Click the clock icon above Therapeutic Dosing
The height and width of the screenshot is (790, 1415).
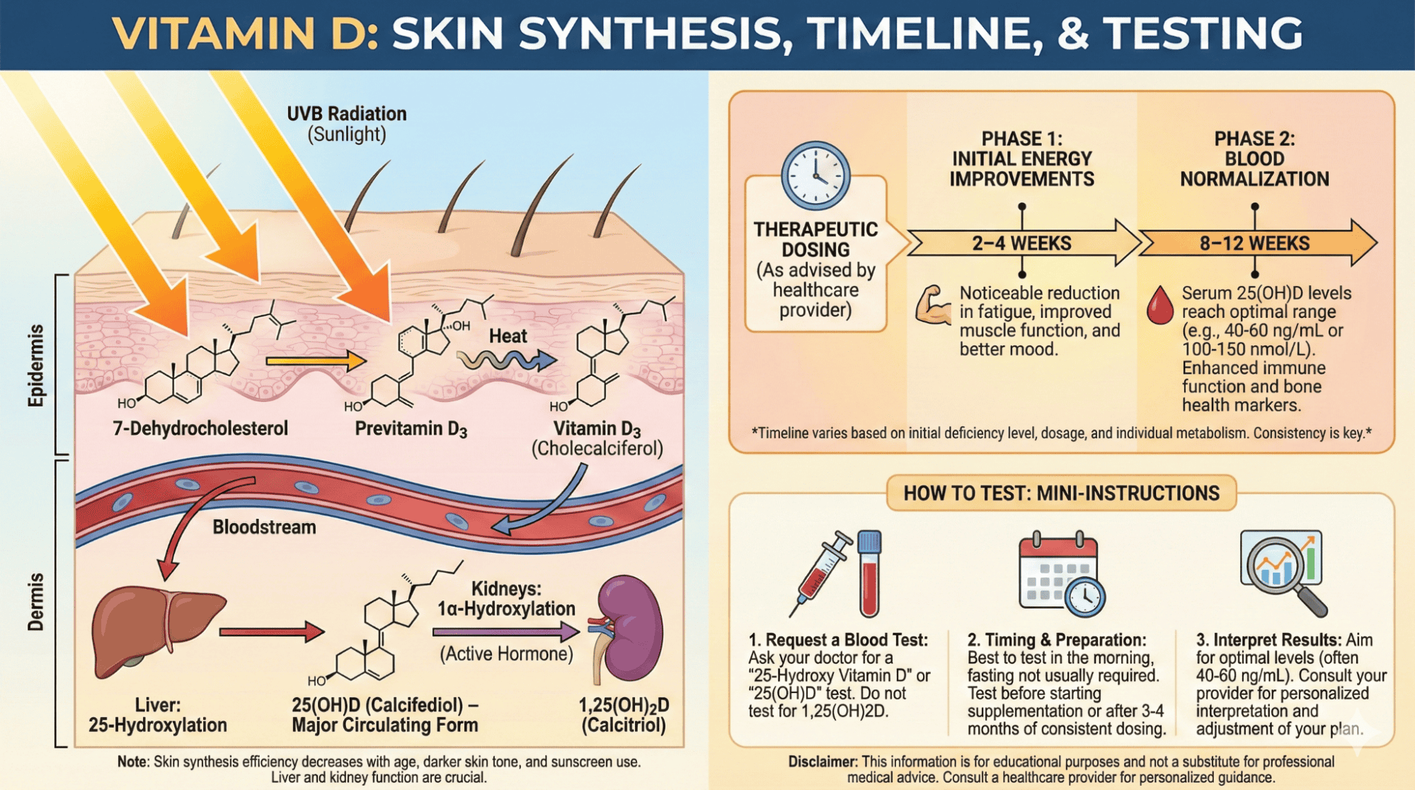815,176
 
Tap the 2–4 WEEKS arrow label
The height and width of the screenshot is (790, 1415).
1021,244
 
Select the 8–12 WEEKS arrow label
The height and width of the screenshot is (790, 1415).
1254,244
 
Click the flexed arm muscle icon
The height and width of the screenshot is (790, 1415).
933,305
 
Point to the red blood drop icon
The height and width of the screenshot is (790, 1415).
1159,305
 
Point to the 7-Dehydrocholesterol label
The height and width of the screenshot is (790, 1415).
200,428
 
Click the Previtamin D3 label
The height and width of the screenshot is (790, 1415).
411,429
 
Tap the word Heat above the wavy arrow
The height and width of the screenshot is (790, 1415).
508,336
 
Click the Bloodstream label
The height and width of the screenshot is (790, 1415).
264,527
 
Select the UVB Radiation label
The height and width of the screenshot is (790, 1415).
346,114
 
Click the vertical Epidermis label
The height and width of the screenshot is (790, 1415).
35,365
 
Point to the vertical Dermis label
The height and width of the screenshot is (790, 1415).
35,602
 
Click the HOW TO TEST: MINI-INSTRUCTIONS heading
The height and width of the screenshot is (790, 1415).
1060,493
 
